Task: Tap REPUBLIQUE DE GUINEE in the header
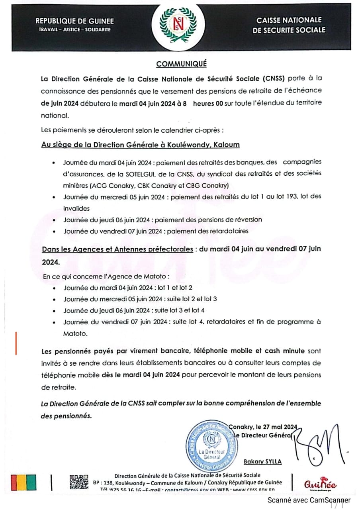click(74, 22)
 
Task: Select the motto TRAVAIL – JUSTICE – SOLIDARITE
click(74, 30)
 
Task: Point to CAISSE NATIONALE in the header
click(289, 20)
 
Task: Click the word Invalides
click(76, 208)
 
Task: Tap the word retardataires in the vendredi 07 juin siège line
click(230, 231)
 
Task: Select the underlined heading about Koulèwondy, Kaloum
click(140, 145)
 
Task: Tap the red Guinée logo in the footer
click(320, 484)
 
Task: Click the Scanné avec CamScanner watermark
click(309, 500)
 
